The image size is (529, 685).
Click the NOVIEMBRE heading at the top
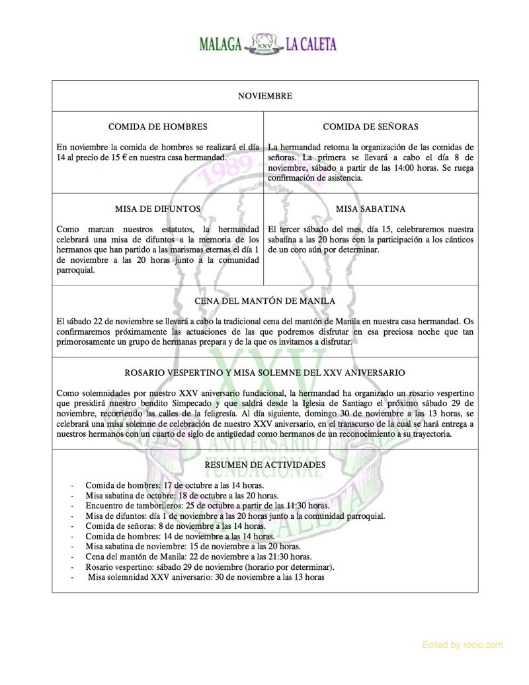coord(264,96)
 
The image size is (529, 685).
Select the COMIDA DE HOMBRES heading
coord(157,126)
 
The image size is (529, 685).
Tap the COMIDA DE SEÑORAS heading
coord(370,126)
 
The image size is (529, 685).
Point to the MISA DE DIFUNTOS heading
coord(157,208)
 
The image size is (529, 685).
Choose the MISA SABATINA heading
coord(370,208)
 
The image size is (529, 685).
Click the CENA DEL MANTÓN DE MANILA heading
coord(264,301)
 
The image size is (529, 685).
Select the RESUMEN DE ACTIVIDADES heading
coord(264,465)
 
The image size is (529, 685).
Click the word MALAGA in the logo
coord(221,45)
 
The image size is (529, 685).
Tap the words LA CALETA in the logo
coord(311,45)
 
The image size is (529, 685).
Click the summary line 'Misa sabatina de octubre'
coord(182,495)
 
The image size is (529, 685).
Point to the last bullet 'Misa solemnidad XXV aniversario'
coord(205,577)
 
